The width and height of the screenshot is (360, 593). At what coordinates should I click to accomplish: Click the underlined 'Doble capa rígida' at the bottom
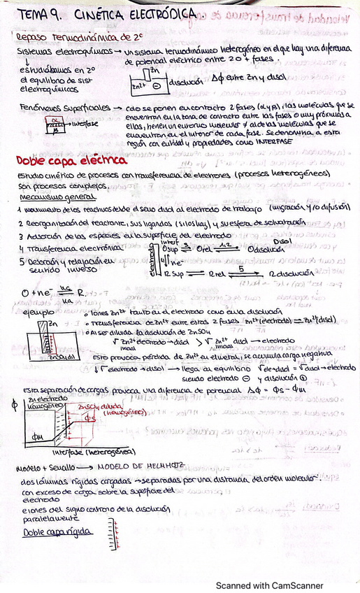tap(52, 532)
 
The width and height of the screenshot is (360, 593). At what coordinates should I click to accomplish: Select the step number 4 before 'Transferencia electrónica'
tap(22, 248)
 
